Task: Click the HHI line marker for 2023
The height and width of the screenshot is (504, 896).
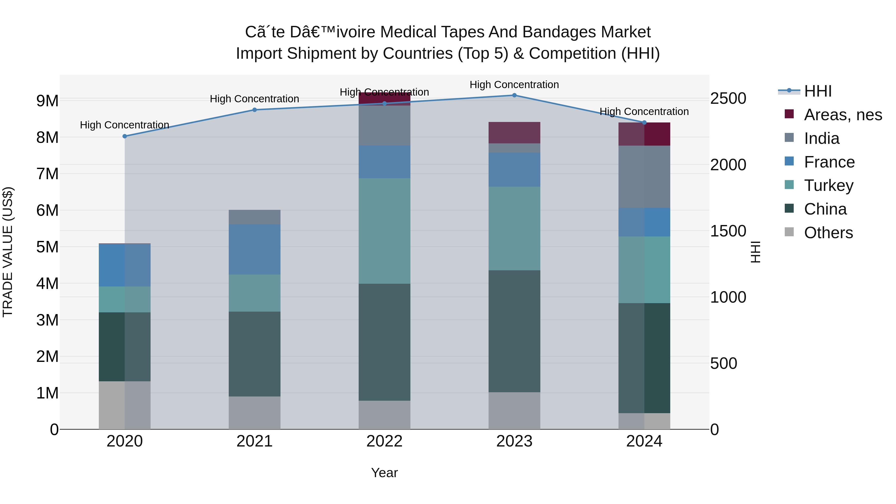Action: (x=514, y=95)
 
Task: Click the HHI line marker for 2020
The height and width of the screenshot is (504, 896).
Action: (x=125, y=136)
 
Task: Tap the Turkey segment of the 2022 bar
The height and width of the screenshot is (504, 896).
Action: (x=384, y=231)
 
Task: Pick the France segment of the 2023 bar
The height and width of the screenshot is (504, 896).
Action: (x=514, y=169)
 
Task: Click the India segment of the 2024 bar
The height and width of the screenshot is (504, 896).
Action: (x=644, y=177)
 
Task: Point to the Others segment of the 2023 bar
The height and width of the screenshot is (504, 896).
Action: (x=514, y=410)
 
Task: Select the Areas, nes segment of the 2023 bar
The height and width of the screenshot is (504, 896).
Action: (x=514, y=132)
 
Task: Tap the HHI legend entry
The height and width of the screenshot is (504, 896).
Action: (x=817, y=91)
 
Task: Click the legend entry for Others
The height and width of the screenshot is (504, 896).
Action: (x=828, y=233)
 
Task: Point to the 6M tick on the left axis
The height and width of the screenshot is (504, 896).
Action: (x=47, y=210)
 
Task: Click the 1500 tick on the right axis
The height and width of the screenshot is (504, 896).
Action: (x=728, y=231)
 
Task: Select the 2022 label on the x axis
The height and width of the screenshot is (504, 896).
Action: (x=384, y=441)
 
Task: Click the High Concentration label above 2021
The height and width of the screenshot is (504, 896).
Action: (x=254, y=99)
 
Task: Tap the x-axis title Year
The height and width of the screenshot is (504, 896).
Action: (x=384, y=473)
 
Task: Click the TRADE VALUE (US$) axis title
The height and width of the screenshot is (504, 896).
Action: (x=8, y=252)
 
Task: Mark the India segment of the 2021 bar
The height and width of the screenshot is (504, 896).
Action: (x=255, y=217)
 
